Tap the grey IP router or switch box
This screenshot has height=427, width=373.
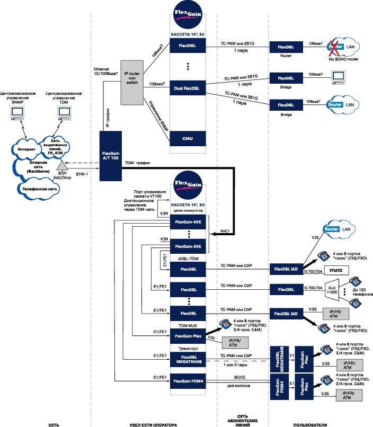tap(132, 82)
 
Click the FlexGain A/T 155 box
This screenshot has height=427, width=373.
tap(115, 157)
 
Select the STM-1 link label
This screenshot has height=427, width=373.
tap(82, 173)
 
